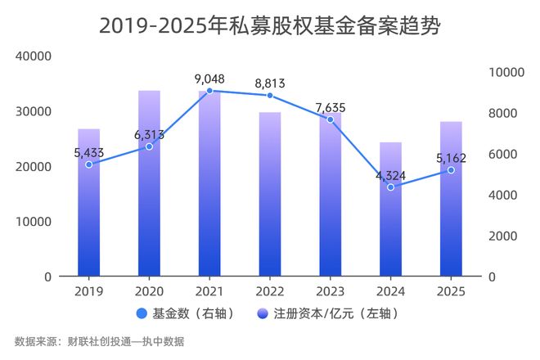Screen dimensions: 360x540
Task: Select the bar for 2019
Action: [x=88, y=205]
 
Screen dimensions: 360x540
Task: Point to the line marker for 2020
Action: [x=149, y=146]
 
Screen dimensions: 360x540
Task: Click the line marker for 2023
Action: [x=331, y=119]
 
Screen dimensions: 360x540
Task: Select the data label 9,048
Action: [x=209, y=79]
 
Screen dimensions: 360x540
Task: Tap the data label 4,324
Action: [x=391, y=174]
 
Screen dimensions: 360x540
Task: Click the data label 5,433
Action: [x=88, y=151]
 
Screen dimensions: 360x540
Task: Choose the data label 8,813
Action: [x=270, y=83]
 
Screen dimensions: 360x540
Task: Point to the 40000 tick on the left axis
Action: [x=34, y=56]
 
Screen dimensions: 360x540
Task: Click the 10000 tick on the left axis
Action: [x=34, y=221]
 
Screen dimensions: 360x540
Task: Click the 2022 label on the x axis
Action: [x=270, y=291]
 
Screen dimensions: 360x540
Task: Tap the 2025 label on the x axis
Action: [x=451, y=291]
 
